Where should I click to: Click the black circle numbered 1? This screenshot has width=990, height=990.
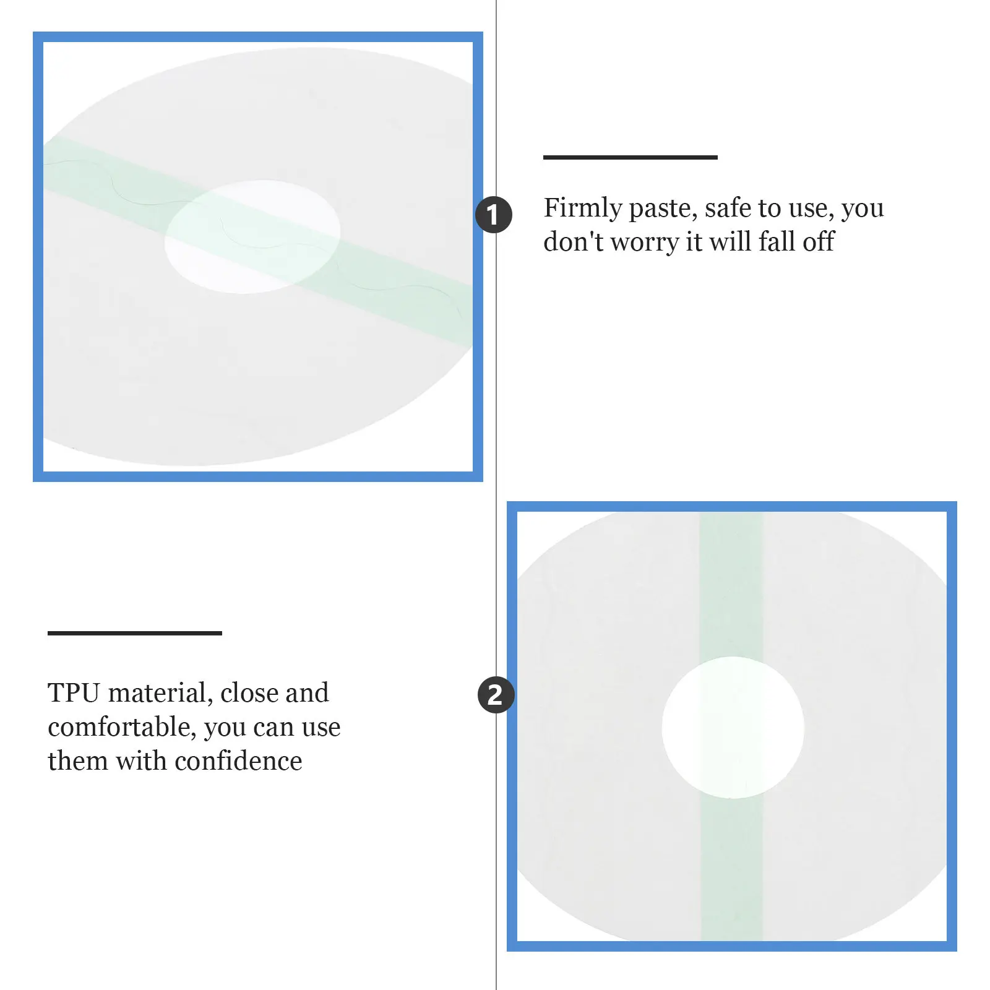pyautogui.click(x=494, y=215)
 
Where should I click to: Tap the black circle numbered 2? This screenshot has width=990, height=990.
pyautogui.click(x=496, y=694)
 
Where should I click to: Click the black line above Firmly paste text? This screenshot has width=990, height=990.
pyautogui.click(x=631, y=157)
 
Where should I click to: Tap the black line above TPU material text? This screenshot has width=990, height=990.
pyautogui.click(x=135, y=633)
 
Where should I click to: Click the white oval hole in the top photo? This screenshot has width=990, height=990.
pyautogui.click(x=252, y=237)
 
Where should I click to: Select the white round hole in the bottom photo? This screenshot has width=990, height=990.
pyautogui.click(x=733, y=728)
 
